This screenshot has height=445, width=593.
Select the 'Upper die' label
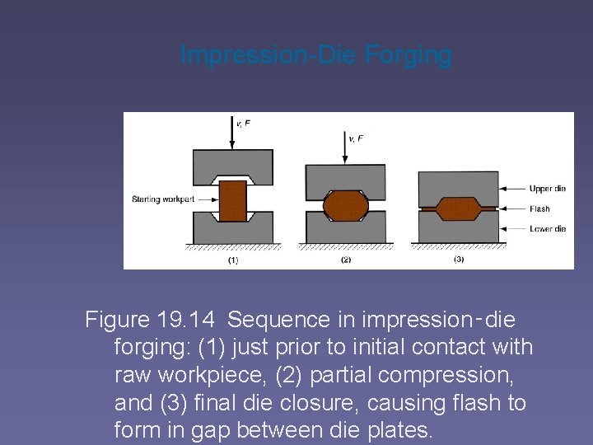548,189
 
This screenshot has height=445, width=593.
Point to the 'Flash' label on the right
539,208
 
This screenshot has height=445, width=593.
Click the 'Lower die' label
548,228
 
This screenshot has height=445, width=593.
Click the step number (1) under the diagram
232,260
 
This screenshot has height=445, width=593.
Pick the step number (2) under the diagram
345,260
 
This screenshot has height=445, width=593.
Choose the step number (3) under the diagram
459,260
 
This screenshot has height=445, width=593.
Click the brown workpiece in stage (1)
233,200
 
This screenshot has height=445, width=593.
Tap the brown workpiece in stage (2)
346,205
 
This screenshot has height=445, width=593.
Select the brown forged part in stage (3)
458,208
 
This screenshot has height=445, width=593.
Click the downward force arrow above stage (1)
232,132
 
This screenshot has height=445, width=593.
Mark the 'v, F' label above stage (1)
245,124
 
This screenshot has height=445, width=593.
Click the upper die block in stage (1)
232,162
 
